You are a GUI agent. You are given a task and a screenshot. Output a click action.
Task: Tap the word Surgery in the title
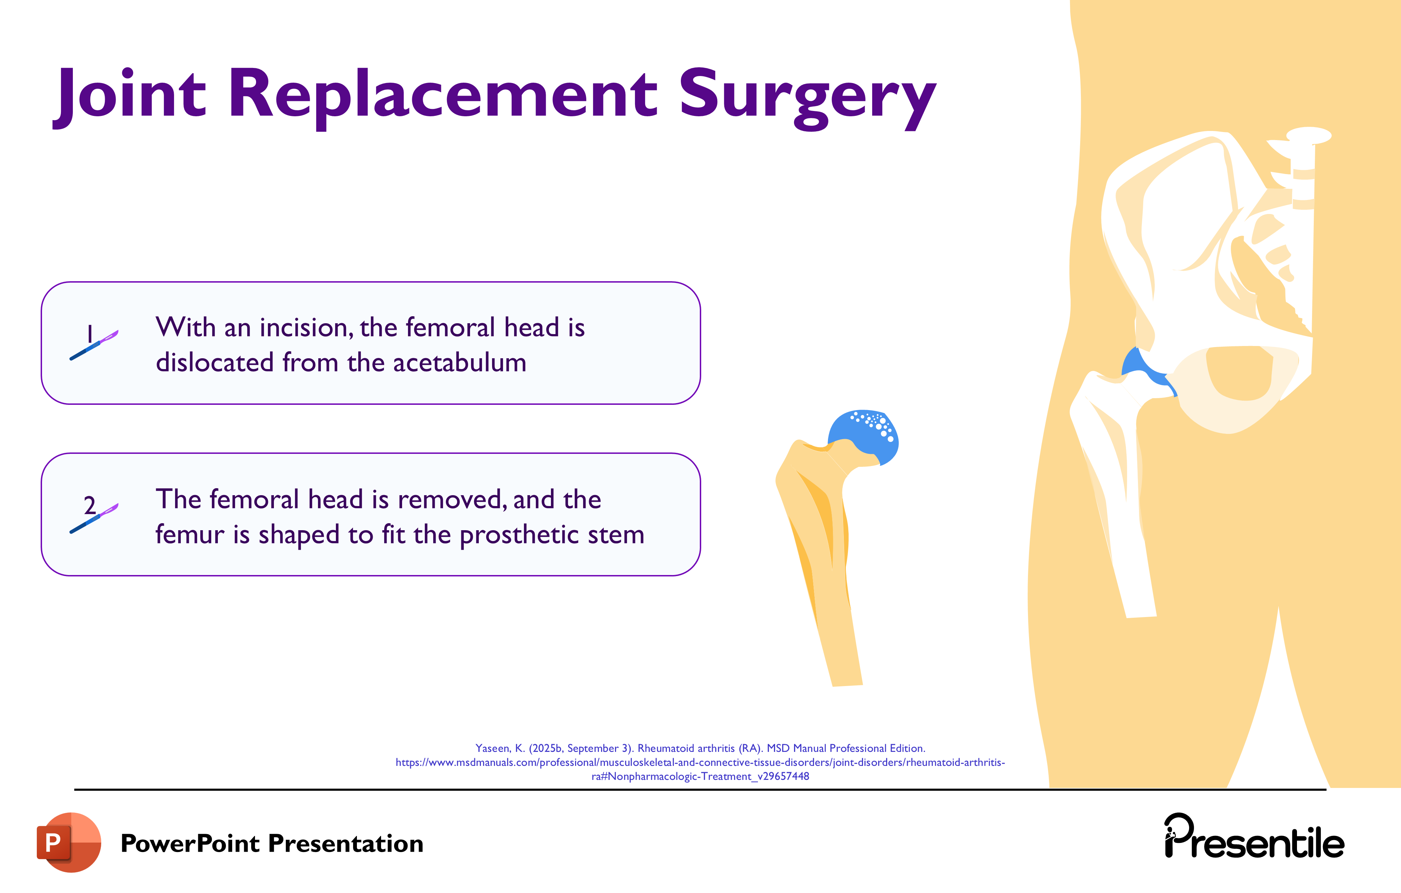808,96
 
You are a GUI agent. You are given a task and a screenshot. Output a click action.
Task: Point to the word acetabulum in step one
460,363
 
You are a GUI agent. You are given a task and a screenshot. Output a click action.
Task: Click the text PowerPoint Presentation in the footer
272,844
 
